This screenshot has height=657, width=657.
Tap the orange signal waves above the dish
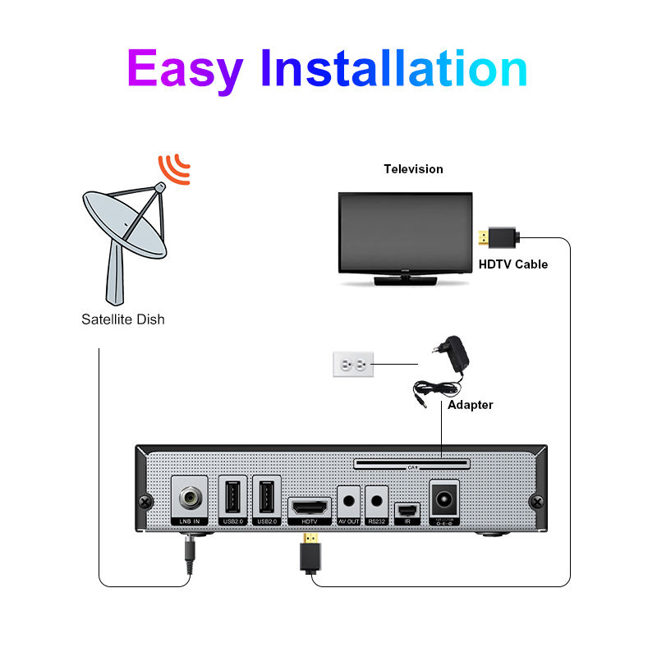click(174, 168)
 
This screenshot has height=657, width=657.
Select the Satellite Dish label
click(122, 319)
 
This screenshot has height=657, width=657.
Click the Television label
click(413, 169)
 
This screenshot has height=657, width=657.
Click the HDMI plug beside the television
click(498, 237)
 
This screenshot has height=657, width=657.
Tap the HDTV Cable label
click(512, 264)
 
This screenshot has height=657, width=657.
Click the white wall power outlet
click(352, 364)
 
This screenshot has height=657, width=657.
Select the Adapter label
click(470, 405)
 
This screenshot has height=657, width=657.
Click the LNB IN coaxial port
click(191, 498)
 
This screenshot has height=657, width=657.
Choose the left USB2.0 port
click(232, 498)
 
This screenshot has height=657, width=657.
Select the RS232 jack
click(377, 498)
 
